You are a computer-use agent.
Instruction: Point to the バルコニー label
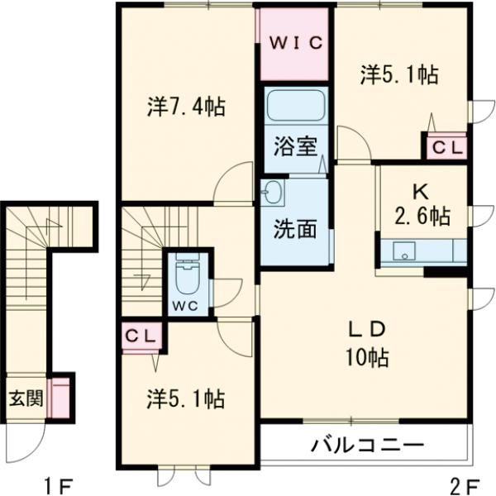click(368, 447)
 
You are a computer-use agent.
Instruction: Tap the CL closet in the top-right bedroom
click(446, 147)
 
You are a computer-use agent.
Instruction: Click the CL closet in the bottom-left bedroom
click(142, 336)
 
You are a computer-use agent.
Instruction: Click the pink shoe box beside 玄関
click(60, 398)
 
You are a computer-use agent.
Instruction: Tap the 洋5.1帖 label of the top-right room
click(398, 75)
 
